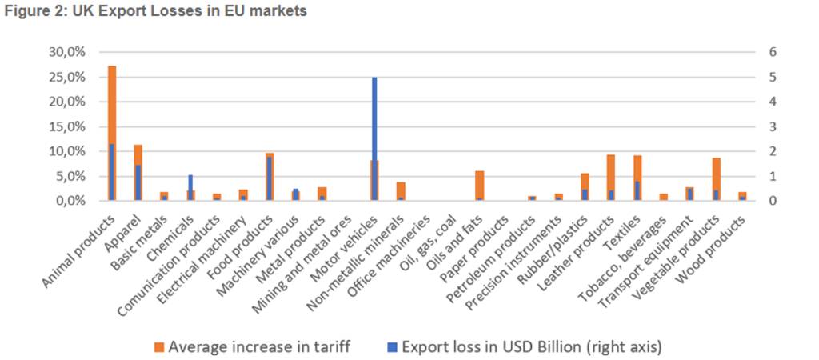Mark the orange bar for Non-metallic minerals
(401, 190)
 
